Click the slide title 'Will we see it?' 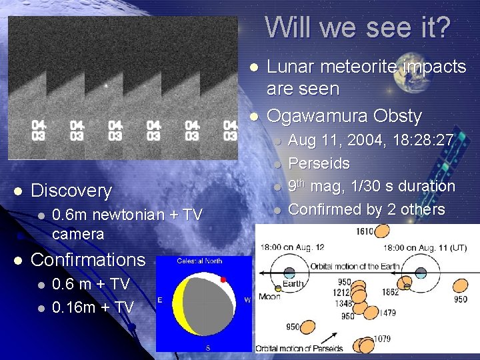tap(358, 27)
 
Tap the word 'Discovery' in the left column tap(71, 191)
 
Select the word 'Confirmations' tap(88, 259)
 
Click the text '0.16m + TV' tap(92, 307)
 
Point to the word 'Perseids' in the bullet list tap(319, 163)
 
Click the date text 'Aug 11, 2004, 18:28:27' tap(371, 141)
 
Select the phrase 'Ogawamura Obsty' tap(344, 116)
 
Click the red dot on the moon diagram tap(223, 279)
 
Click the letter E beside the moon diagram tap(160, 300)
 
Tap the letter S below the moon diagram tap(207, 347)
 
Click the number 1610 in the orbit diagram tap(364, 232)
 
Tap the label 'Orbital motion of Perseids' tap(300, 348)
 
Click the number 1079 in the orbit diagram tap(382, 340)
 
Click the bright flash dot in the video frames tap(105, 85)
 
